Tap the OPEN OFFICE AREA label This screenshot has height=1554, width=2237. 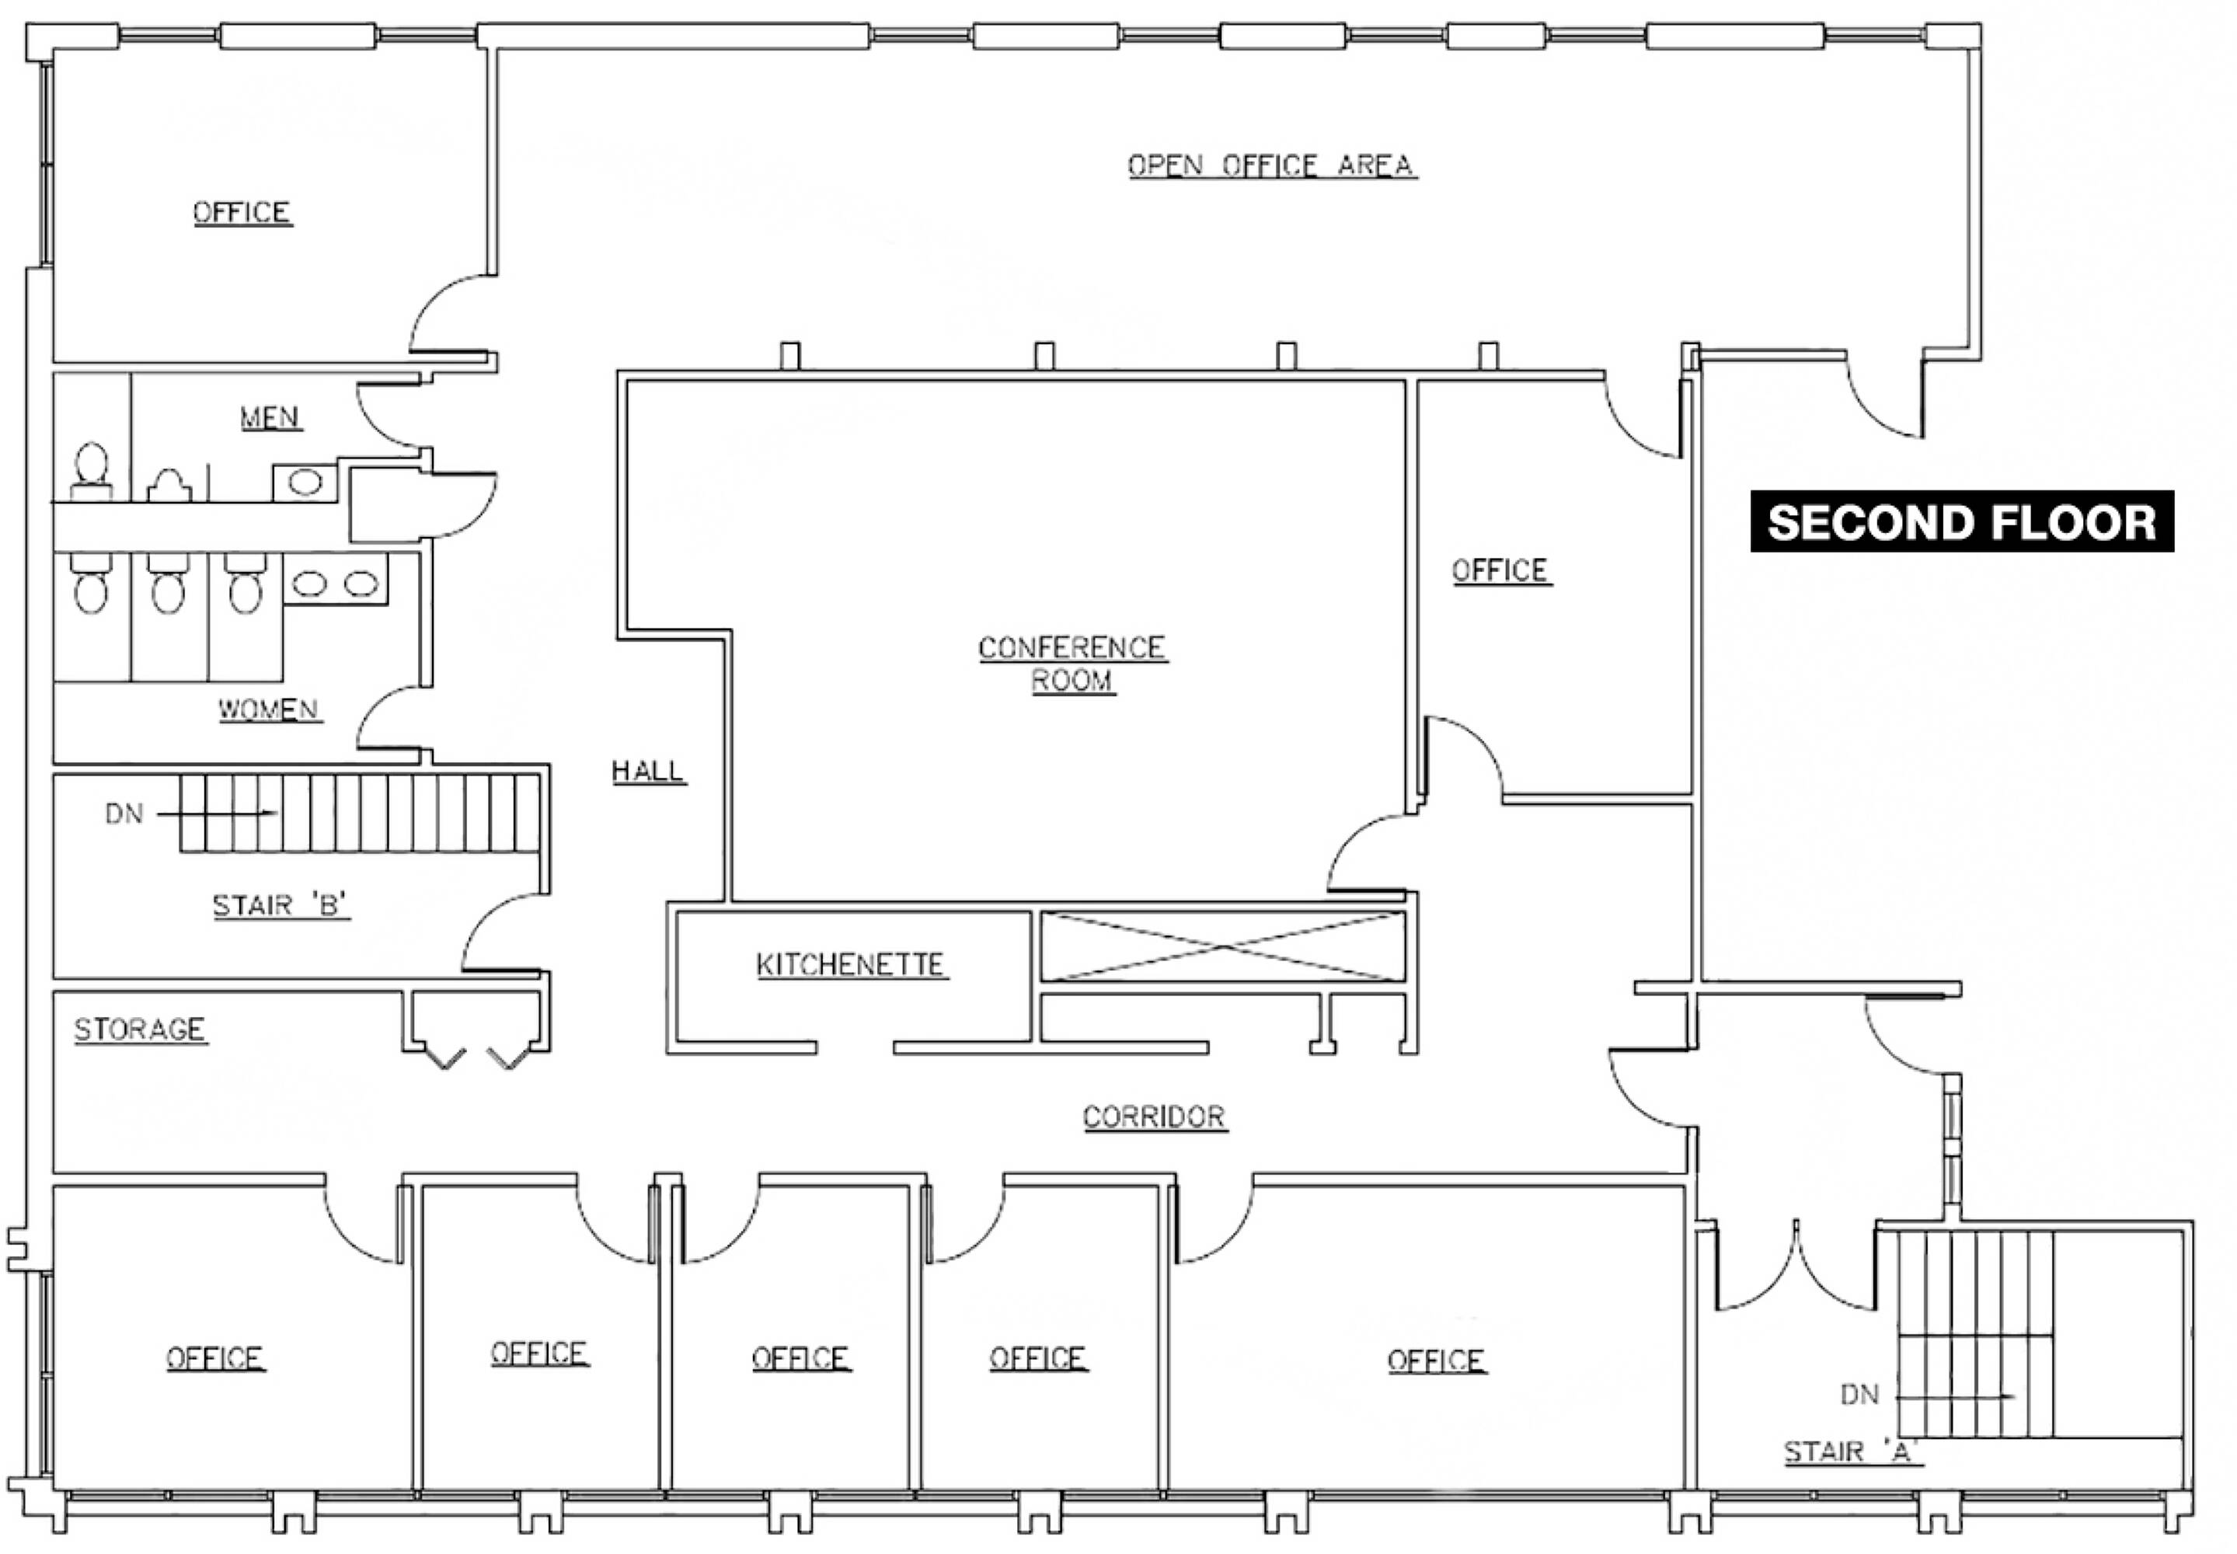tap(1270, 166)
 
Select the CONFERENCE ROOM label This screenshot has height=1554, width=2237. tap(1071, 664)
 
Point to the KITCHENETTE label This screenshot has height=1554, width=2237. tap(851, 965)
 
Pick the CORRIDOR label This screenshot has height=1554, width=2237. tap(1155, 1117)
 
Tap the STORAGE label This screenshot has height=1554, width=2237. tap(140, 1030)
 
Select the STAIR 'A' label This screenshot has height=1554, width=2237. tap(1852, 1451)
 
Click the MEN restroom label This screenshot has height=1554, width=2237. tap(270, 418)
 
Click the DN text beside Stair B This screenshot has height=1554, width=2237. tap(124, 813)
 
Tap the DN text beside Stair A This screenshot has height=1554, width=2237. tap(1859, 1394)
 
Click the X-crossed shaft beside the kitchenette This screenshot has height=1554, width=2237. tap(1223, 946)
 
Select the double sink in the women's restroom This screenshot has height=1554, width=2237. tap(336, 584)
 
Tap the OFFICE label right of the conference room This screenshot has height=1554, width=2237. tap(1500, 570)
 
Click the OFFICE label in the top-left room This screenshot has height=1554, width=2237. tap(242, 212)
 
